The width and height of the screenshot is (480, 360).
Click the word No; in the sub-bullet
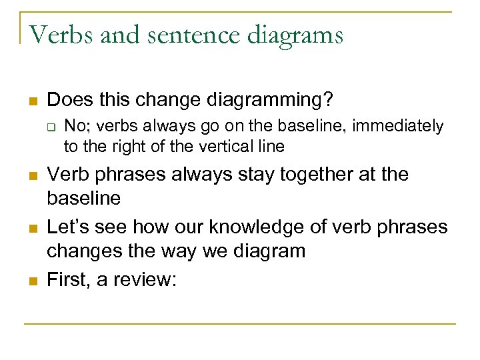pyautogui.click(x=75, y=126)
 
